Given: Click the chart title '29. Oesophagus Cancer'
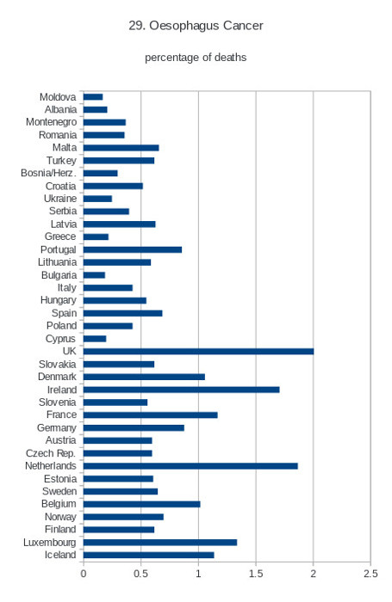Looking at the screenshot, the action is [196, 26].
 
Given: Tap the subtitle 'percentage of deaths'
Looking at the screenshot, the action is [196, 58].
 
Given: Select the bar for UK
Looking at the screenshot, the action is [198, 351].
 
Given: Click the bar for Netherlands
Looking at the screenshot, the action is [190, 466].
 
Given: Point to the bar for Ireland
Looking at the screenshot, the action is [182, 390].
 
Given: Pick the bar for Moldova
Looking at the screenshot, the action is [93, 97].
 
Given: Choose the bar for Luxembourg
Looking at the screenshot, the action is [160, 543].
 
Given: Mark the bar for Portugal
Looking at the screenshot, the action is [133, 250].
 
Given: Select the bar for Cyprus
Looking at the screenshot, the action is [95, 339].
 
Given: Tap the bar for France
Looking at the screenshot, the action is [151, 415].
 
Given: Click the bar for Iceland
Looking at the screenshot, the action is [149, 556].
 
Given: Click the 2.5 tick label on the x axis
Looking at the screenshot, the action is [370, 574].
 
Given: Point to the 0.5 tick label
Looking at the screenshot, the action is [140, 574].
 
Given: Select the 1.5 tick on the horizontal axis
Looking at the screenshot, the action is [256, 574].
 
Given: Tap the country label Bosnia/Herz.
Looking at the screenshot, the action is [48, 173].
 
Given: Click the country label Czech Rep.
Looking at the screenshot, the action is [51, 453].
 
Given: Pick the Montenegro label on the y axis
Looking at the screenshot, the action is [51, 122].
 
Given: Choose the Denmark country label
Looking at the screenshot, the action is [57, 377].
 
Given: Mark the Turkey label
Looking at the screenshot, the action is [61, 161].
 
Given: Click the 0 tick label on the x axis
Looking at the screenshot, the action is [84, 574].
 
